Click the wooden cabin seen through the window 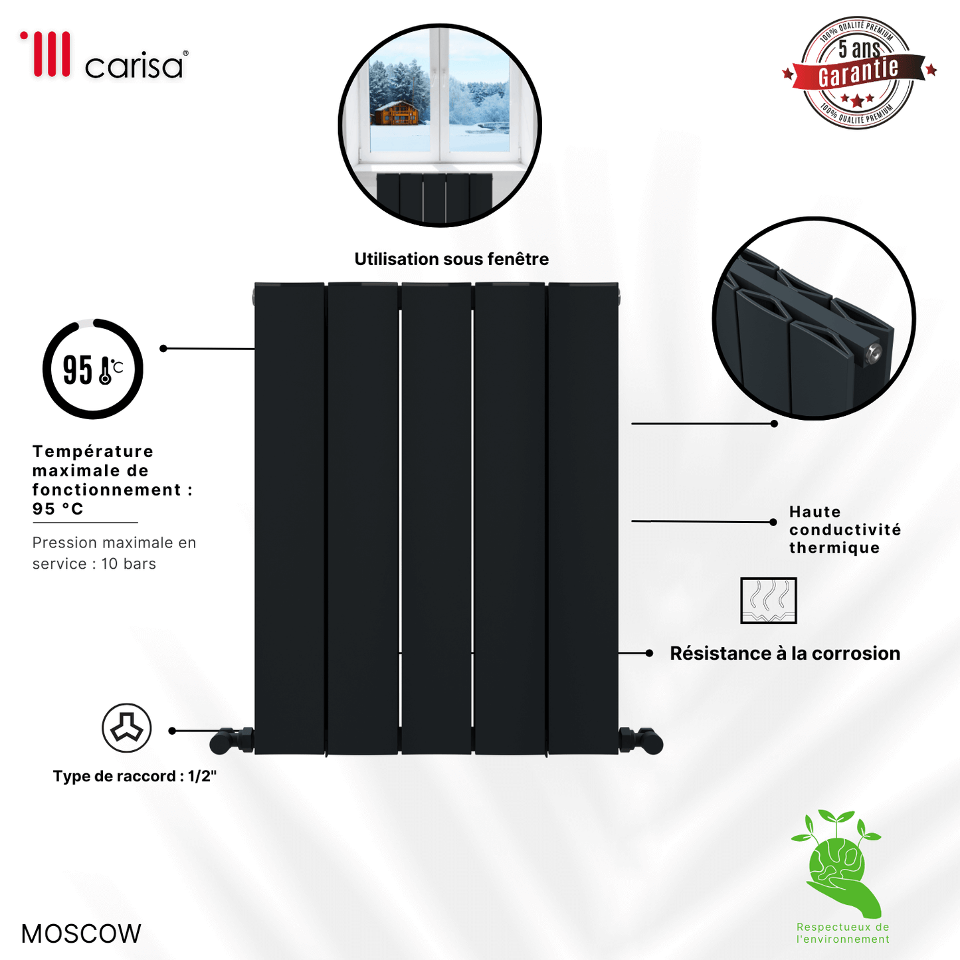397,114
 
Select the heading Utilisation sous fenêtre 451,259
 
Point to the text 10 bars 128,563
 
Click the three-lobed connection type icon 126,728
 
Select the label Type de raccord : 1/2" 135,776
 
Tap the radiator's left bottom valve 232,741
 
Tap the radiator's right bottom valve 640,741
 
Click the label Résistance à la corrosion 785,653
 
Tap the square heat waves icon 768,601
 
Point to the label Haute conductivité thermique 845,529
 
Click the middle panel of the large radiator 436,518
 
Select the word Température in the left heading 93,451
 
